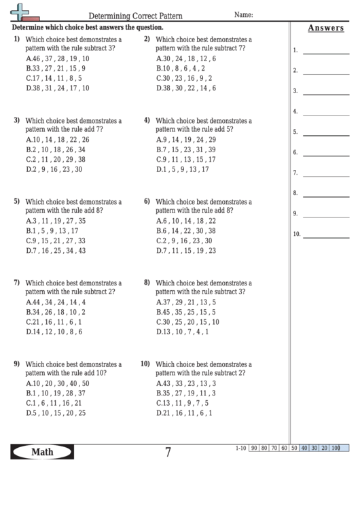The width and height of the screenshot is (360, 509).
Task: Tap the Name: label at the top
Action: click(x=244, y=14)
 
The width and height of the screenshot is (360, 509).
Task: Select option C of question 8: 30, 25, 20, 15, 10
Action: click(x=187, y=321)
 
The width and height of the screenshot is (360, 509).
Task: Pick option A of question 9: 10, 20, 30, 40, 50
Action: click(x=57, y=383)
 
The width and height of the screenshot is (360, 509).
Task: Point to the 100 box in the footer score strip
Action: click(x=335, y=448)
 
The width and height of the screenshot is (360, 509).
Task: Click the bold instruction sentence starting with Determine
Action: click(x=88, y=28)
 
